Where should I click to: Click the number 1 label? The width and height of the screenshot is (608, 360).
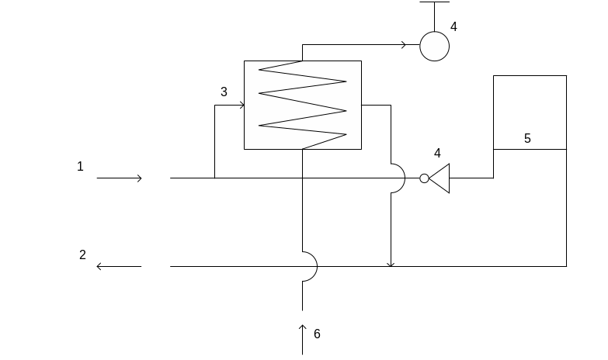point(80,166)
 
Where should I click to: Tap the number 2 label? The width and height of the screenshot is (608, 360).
point(82,254)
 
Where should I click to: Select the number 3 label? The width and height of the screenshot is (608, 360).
point(224,92)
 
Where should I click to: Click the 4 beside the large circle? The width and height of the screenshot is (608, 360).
point(453,26)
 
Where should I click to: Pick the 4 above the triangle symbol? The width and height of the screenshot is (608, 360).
point(437,153)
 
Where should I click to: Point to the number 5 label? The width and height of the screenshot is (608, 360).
point(527,138)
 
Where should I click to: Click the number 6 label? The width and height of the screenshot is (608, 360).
point(317,334)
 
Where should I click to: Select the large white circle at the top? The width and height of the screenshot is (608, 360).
point(435,46)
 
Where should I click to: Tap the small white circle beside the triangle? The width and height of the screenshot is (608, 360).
point(424,178)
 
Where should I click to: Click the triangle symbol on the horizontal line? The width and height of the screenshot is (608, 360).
point(441,178)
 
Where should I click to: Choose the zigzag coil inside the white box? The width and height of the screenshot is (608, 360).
point(302,105)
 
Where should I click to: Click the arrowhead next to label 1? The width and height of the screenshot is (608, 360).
point(140,178)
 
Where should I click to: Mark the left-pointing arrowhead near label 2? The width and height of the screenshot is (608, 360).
point(99,266)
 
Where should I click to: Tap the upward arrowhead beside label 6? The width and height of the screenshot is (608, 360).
point(303,327)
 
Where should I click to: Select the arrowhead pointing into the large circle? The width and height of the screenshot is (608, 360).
point(404,46)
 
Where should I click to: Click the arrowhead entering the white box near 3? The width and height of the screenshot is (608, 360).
point(241,105)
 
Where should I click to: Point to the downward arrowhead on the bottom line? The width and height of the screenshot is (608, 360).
point(391,264)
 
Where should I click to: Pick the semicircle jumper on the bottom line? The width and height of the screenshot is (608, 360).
point(311,266)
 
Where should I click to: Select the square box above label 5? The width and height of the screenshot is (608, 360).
point(530,112)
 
